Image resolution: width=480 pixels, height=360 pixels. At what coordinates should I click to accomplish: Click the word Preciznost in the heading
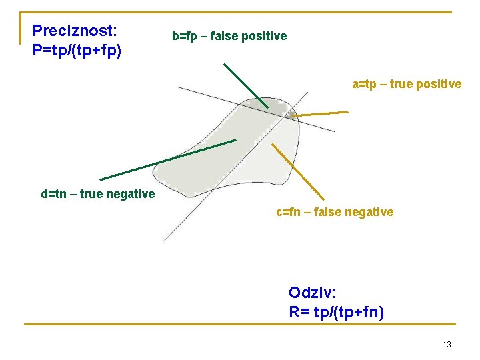[x=74, y=31]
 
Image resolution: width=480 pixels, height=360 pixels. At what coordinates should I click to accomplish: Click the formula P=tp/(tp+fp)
[x=77, y=50]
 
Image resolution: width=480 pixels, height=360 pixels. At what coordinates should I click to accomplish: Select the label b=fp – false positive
[x=229, y=36]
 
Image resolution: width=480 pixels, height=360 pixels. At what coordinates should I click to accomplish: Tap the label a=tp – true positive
[x=407, y=84]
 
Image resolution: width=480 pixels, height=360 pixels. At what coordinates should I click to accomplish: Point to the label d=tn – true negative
[x=97, y=194]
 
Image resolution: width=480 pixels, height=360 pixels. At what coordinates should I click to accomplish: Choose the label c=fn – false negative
[x=335, y=212]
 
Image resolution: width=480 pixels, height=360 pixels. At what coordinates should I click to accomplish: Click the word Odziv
[x=312, y=293]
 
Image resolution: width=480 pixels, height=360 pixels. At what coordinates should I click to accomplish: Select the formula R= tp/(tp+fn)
[x=336, y=311]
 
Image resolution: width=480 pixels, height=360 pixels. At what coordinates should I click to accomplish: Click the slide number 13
[x=447, y=344]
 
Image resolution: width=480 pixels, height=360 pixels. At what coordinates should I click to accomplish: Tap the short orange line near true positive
[x=320, y=114]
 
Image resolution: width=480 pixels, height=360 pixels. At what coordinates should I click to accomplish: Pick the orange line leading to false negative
[x=298, y=172]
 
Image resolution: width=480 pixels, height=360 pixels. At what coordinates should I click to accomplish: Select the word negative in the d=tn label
[x=131, y=194]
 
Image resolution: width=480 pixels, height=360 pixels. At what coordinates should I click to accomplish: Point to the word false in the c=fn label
[x=322, y=212]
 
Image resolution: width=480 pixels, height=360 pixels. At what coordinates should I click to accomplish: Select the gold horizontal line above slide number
[x=240, y=325]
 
